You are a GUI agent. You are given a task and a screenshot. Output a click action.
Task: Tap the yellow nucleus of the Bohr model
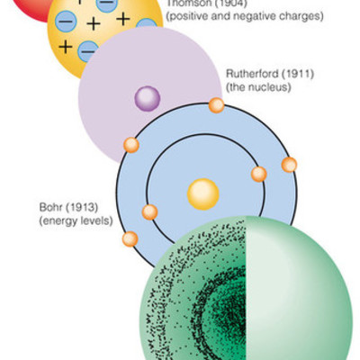coord(203,193)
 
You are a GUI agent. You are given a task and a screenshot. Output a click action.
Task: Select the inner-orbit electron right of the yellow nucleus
coord(259,174)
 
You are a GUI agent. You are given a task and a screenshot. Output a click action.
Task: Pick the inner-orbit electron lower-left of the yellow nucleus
coord(149,212)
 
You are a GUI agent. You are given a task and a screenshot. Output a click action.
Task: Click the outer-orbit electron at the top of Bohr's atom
coord(217,105)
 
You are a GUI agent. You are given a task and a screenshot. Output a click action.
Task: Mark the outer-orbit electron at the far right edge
coord(289,165)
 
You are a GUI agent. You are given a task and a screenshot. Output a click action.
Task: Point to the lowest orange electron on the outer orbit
coord(130,239)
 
